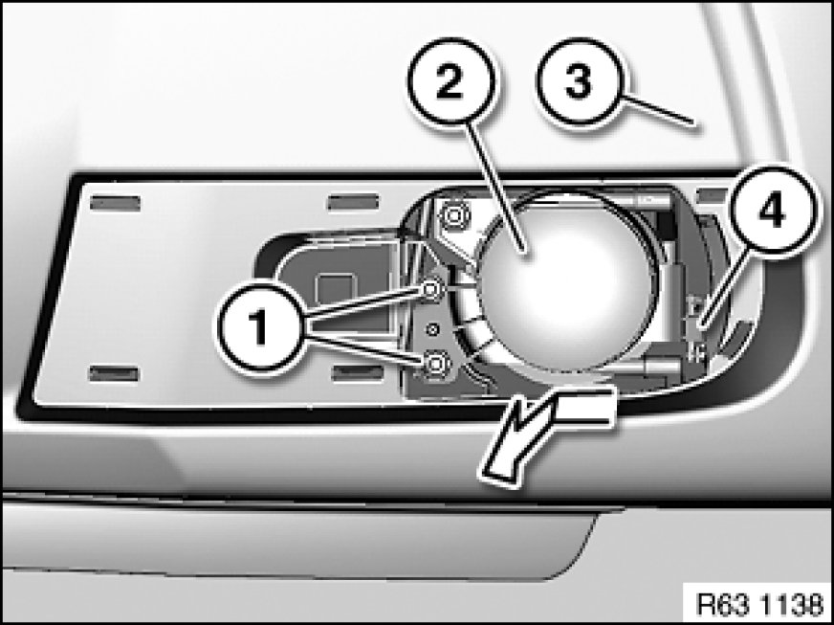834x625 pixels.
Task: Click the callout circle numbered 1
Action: click(260, 327)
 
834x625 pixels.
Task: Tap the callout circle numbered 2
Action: click(450, 82)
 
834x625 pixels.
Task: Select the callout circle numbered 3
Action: click(579, 82)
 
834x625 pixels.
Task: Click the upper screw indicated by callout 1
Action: click(431, 290)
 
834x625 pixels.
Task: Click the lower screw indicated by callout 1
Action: click(435, 364)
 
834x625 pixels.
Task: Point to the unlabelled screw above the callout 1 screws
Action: click(453, 216)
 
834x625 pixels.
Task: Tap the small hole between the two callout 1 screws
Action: click(433, 329)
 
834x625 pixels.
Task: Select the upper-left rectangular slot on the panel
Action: click(116, 203)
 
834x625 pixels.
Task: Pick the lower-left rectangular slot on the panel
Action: click(115, 373)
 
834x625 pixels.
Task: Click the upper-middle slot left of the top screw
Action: click(353, 203)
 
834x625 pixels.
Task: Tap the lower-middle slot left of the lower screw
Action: click(358, 372)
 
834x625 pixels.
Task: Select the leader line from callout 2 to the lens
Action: click(495, 188)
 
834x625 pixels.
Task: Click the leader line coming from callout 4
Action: click(724, 290)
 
